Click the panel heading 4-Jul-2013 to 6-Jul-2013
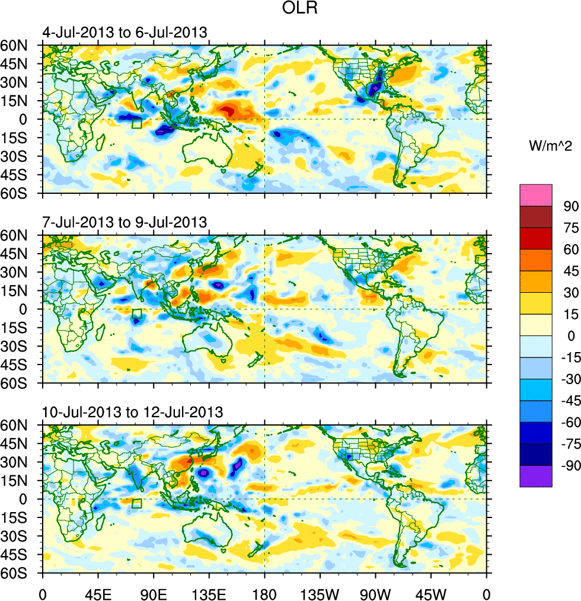[x=124, y=32]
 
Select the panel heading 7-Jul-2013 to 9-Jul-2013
[x=124, y=222]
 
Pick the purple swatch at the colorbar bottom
[x=536, y=476]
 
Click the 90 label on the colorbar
[x=570, y=205]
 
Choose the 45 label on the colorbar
[x=570, y=270]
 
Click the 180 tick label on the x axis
[x=264, y=593]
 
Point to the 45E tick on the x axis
[x=98, y=593]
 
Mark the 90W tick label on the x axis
[x=375, y=593]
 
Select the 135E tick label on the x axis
[x=209, y=593]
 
